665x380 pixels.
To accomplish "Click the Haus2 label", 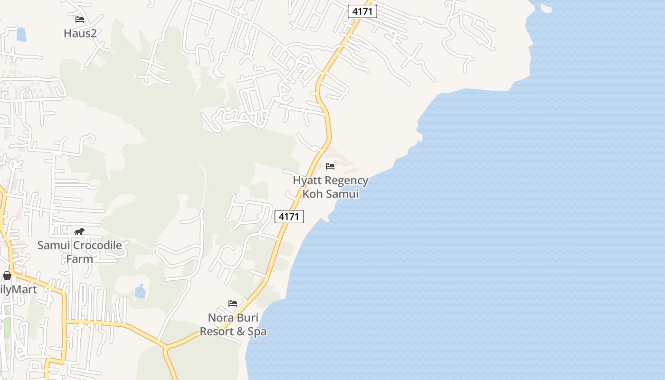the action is [80, 33].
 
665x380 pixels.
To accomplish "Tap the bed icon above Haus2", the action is [80, 19].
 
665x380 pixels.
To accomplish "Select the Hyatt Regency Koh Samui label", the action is [331, 187].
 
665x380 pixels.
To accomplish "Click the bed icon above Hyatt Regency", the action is [330, 166].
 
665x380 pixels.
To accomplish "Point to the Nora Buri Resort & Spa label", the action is [233, 324].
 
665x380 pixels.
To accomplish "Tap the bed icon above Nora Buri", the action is [233, 304].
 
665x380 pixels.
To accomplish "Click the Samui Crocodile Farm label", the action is [79, 252].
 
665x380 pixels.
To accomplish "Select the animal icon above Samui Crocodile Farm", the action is [79, 232].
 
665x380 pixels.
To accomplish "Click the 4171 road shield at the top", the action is [362, 11].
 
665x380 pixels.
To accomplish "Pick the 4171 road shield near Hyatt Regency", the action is [289, 217].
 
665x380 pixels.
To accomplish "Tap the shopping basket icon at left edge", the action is [7, 275].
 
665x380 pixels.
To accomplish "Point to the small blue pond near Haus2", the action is [21, 34].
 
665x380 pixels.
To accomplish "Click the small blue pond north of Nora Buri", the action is [140, 291].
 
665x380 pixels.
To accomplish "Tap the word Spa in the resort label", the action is [257, 332].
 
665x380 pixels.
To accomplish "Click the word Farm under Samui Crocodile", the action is [79, 259].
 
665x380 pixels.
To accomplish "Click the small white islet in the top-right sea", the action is [546, 8].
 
